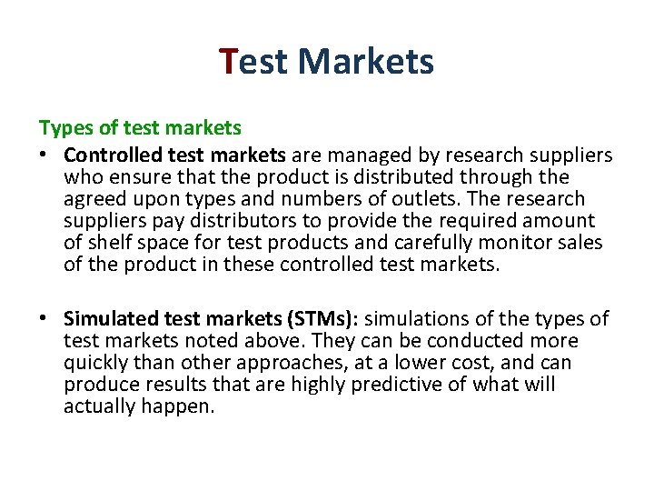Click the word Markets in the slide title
[x=365, y=62]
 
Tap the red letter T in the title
[x=229, y=62]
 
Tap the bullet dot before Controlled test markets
[x=45, y=155]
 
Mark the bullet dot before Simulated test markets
[x=45, y=319]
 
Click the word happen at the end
[x=177, y=406]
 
